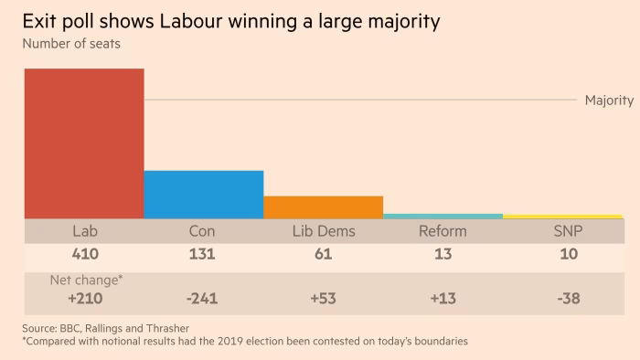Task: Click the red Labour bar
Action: point(83,143)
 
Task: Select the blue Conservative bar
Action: point(203,195)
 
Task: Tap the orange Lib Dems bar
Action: point(323,207)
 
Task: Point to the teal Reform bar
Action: point(443,217)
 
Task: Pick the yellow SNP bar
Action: point(562,217)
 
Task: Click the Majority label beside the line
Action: point(609,101)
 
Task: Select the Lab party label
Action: point(85,231)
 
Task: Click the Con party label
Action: point(203,231)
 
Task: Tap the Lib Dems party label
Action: point(323,231)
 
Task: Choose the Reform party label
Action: point(443,231)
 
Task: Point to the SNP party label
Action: point(569,231)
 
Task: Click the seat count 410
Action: point(85,254)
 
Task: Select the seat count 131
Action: point(203,254)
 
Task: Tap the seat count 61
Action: point(323,254)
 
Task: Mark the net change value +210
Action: point(85,297)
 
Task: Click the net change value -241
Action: point(203,297)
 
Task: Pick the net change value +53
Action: point(323,297)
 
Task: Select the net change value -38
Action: point(569,297)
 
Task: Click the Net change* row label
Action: point(85,280)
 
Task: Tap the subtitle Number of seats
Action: point(72,42)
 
